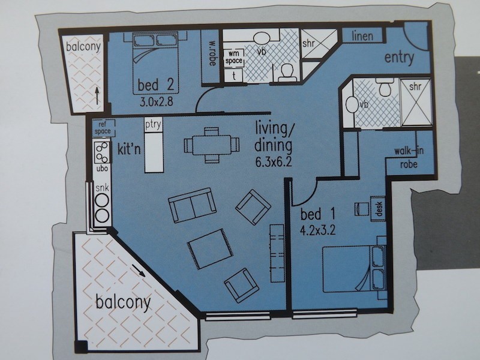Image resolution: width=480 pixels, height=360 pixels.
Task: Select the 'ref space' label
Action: (102, 127)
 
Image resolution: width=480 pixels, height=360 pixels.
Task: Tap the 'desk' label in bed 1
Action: (379, 208)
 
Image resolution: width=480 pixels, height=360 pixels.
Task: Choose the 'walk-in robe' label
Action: (409, 157)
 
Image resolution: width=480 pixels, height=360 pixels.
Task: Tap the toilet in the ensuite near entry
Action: (383, 89)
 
